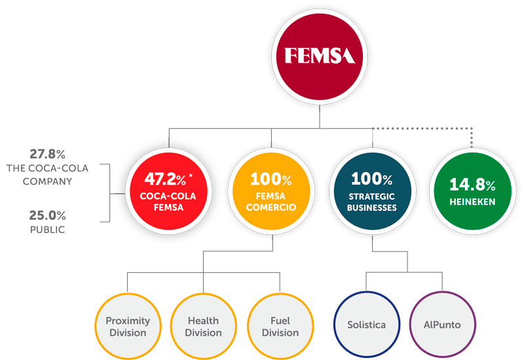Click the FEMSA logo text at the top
tap(320, 55)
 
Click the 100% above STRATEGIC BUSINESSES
tap(372, 178)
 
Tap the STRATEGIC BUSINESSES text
tap(372, 202)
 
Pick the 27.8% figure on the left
tap(47, 154)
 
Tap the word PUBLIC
tap(47, 230)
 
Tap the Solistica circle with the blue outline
tap(367, 325)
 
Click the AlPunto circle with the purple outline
tap(442, 325)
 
